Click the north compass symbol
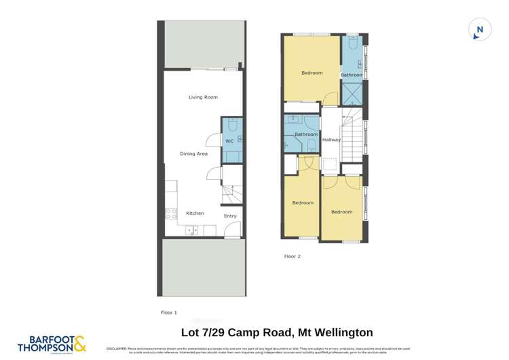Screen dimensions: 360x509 tap(480, 30)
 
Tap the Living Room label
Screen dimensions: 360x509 tap(203, 97)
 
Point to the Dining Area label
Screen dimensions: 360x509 tap(193, 154)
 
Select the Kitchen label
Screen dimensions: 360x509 tap(195, 213)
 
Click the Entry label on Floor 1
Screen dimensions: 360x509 tap(230, 217)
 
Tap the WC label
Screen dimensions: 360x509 tap(229, 141)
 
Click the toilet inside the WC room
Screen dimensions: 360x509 tap(231, 126)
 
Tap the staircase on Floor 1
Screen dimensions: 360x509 tap(231, 196)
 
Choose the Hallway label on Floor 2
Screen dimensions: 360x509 tap(331, 140)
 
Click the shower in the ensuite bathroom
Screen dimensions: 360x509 tap(352, 91)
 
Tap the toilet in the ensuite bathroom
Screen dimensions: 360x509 tap(352, 43)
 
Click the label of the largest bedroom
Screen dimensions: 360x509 tap(312, 73)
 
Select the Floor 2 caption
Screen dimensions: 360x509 tap(292, 256)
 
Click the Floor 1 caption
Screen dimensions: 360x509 tap(168, 312)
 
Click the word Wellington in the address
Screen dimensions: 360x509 tap(341, 332)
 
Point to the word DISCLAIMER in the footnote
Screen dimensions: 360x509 tap(119, 348)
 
